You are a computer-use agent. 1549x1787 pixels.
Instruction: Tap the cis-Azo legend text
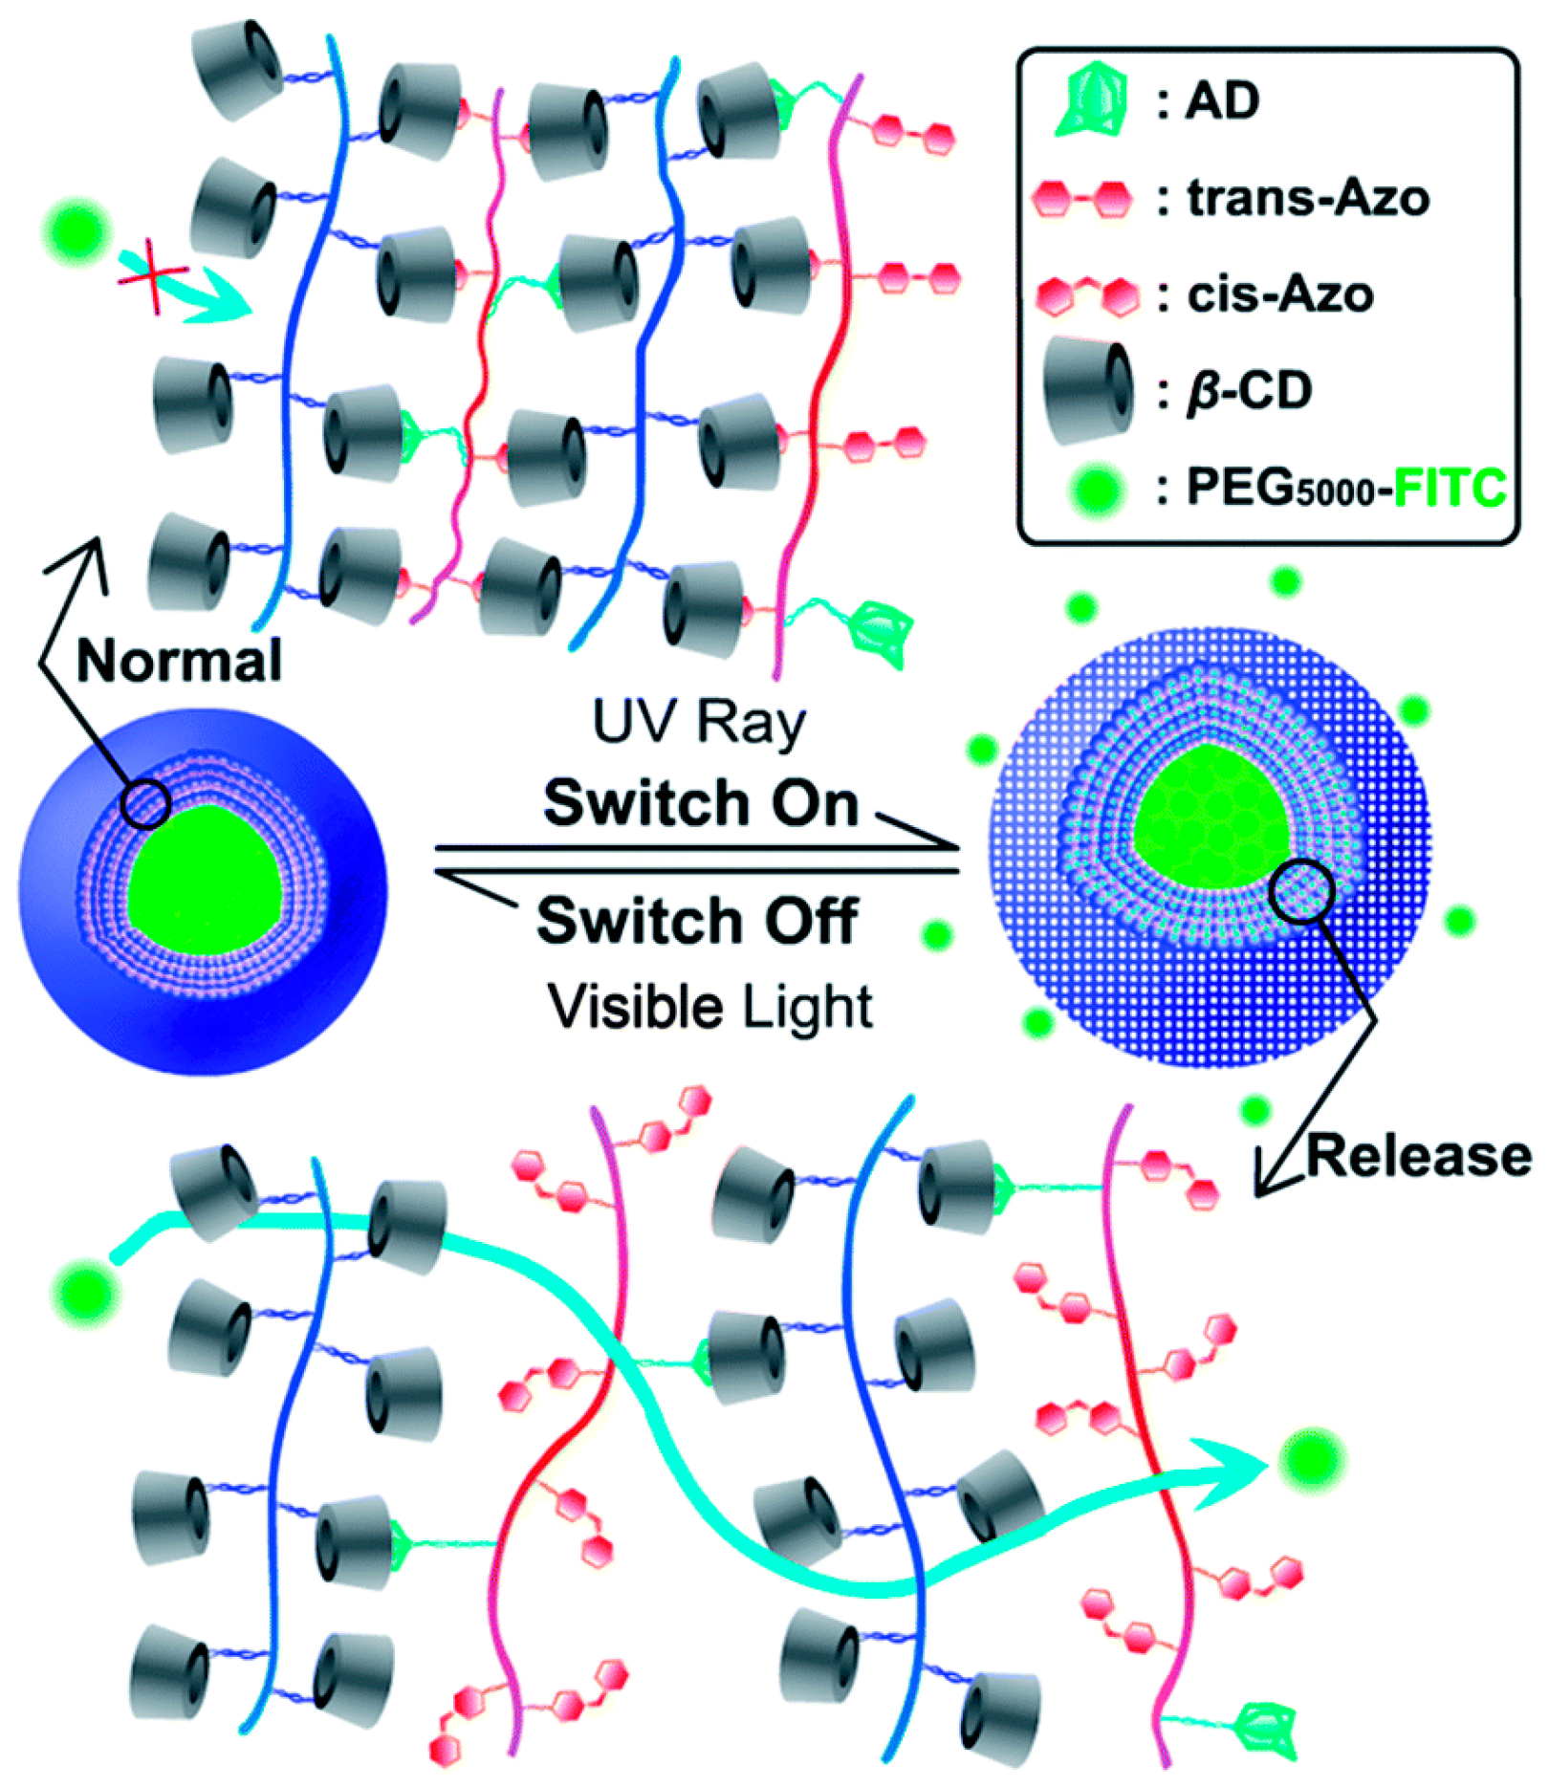pos(1280,294)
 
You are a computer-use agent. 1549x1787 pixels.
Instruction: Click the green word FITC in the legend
pos(1450,489)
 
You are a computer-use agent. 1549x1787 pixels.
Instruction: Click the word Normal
pos(179,661)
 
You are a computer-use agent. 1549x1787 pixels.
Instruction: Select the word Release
pos(1419,1156)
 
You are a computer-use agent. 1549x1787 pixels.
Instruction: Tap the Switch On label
pos(701,802)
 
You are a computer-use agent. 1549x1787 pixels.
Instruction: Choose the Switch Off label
pos(697,921)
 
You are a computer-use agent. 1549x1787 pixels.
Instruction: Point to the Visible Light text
pos(710,1007)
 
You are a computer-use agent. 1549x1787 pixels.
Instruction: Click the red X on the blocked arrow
pos(153,278)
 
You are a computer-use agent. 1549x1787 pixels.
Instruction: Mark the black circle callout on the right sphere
pos(1302,889)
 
